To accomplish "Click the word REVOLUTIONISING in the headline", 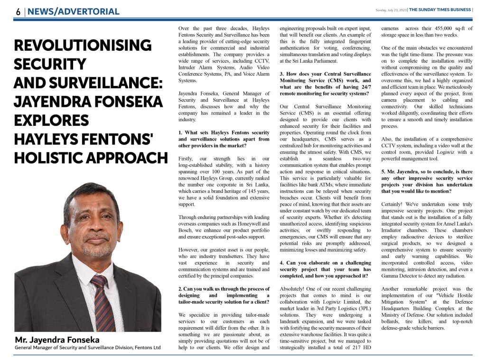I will pyautogui.click(x=83, y=46).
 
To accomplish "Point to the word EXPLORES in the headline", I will pyautogui.click(x=52, y=120).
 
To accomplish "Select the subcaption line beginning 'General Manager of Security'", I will pyautogui.click(x=88, y=348).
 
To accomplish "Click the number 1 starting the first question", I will pyautogui.click(x=180, y=133).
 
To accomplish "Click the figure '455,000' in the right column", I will pyautogui.click(x=432, y=28).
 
